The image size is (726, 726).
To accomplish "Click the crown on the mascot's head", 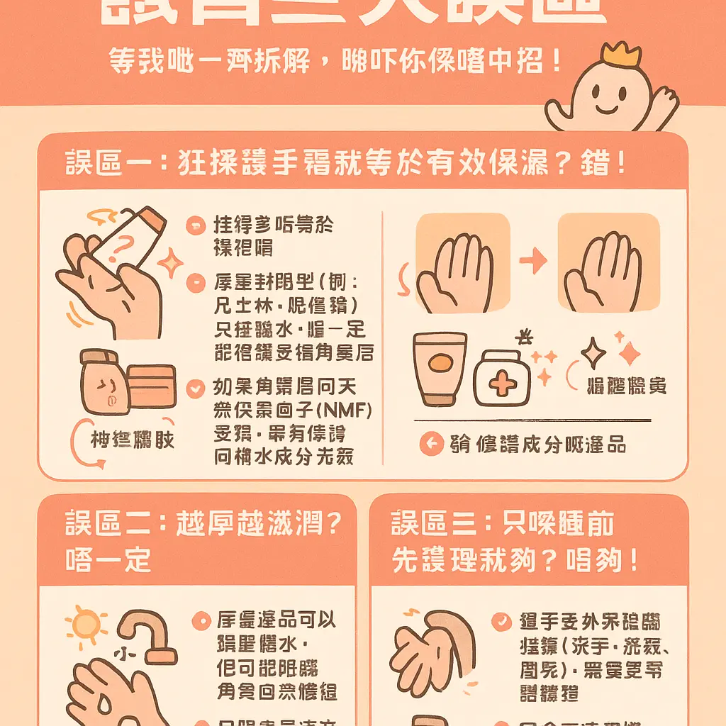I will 621,54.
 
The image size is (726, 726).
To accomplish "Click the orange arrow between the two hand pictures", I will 533,261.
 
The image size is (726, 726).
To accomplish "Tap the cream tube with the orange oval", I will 440,369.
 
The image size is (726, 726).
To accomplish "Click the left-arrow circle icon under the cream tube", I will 430,445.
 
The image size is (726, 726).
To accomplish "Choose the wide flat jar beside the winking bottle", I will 152,386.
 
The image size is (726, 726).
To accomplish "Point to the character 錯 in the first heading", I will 593,164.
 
